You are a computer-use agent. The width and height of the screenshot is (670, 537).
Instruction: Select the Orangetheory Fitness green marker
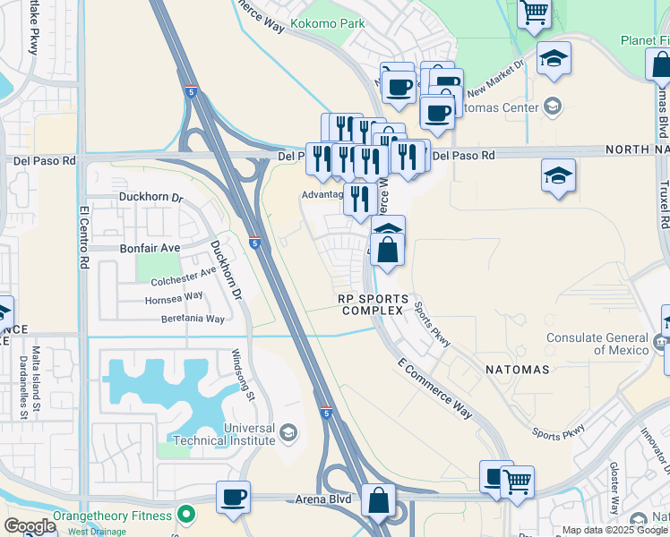[186, 515]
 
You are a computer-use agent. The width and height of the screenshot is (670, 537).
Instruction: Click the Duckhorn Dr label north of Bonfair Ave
[150, 197]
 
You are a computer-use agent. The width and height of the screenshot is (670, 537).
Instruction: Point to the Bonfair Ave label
[148, 247]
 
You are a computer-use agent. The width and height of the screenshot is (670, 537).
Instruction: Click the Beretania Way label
[193, 319]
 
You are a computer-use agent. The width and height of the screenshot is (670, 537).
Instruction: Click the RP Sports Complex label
[374, 304]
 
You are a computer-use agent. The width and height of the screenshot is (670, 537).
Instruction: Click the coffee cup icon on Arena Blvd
[234, 497]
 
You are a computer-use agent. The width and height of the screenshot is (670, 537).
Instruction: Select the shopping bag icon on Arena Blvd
[379, 499]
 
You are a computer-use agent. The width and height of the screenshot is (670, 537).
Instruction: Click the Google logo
[30, 525]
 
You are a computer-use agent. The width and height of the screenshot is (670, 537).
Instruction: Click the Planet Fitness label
[644, 40]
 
